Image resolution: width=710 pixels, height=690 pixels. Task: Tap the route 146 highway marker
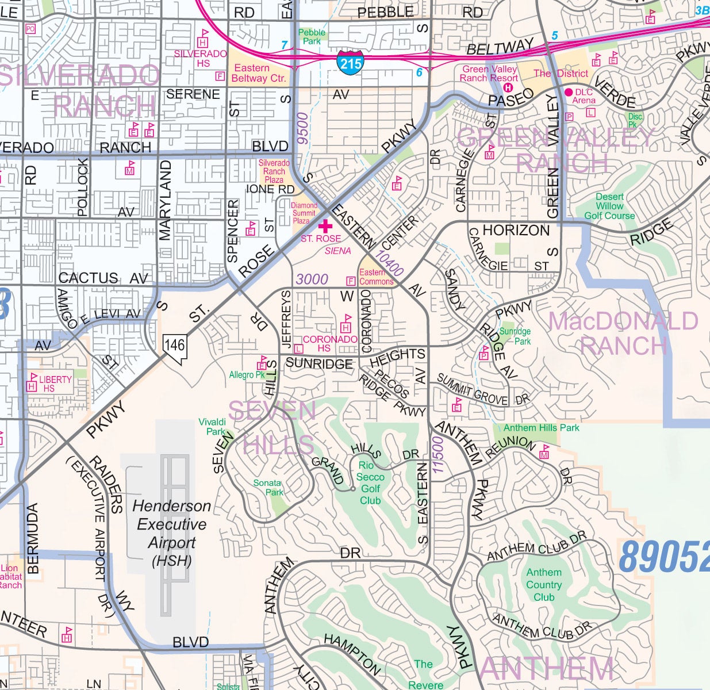[x=175, y=346]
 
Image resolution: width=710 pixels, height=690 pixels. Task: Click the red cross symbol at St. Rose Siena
[x=325, y=226]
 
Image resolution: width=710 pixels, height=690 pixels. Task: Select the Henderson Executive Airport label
[x=171, y=533]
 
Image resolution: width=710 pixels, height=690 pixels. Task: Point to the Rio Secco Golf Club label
[x=370, y=483]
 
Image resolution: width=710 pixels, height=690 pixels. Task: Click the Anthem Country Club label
[x=544, y=584]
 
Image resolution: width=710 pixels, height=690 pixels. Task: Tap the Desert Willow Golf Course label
[x=609, y=206]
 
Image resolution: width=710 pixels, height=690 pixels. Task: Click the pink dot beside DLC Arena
[x=569, y=92]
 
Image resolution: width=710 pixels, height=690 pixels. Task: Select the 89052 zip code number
[x=665, y=556]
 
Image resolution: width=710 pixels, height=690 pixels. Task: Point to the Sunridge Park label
[x=515, y=336]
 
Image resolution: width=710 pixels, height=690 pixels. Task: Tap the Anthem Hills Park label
[x=541, y=427]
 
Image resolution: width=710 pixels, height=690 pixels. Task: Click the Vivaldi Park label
[x=212, y=427]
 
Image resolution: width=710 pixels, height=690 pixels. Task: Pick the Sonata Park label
[x=267, y=488]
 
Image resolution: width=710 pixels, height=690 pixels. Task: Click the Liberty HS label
[x=55, y=384]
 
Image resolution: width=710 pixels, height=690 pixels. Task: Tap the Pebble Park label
[x=312, y=37]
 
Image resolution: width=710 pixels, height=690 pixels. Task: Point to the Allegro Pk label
[x=247, y=375]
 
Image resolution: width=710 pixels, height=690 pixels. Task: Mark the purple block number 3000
[x=312, y=279]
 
